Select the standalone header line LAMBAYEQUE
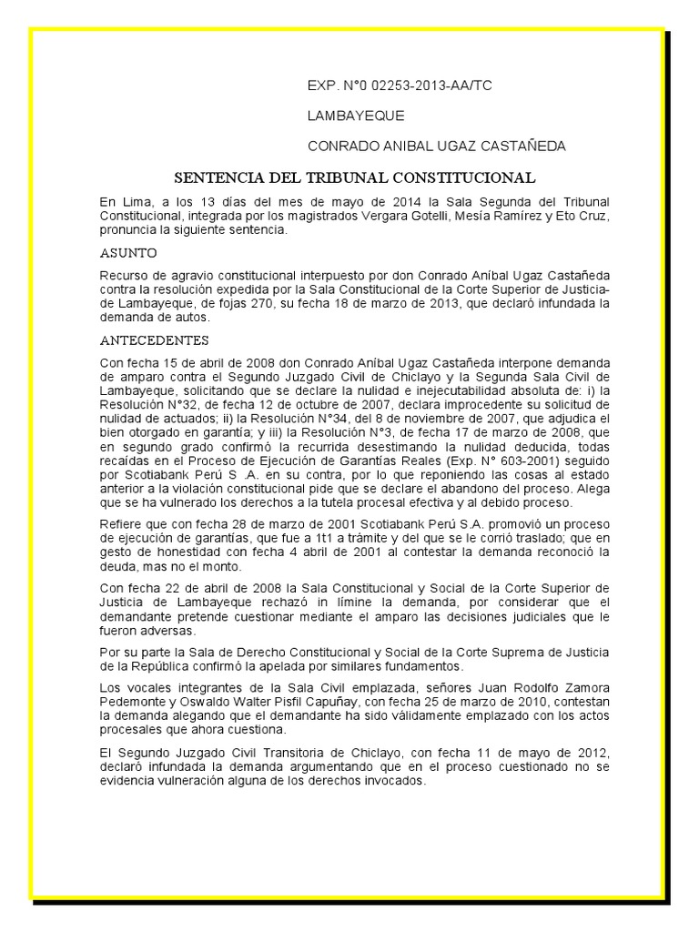[x=356, y=116]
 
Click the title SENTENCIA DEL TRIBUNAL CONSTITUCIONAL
[x=355, y=177]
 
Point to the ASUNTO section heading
[x=128, y=252]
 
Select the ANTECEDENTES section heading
[x=154, y=340]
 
